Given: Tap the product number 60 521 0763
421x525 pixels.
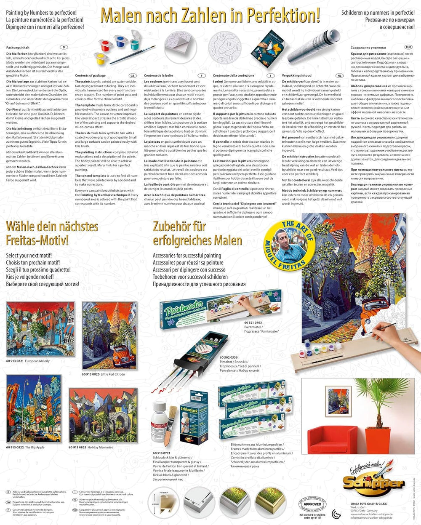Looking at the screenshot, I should tap(253, 322).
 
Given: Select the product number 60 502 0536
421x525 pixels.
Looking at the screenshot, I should tap(229, 357).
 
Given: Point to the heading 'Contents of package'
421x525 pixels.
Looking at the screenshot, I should tap(90, 76).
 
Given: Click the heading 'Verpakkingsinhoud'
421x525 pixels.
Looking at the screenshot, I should tap(296, 76).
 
